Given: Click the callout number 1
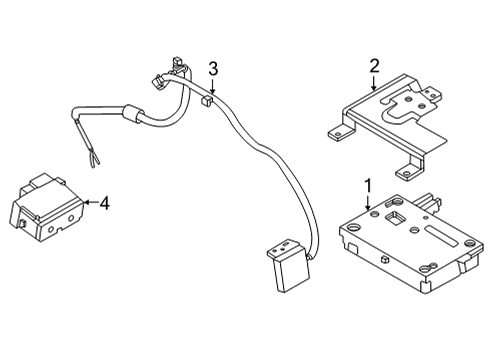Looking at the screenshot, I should pos(368,186).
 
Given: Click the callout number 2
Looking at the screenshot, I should pos(374,67).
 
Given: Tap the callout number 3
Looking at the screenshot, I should pos(212,68).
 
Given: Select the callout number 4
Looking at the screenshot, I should pos(104,204).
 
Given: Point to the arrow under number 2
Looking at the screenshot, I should pos(374,84).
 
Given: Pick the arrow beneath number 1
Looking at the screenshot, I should pos(368,204).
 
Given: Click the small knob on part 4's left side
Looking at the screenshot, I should pos(20,229).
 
